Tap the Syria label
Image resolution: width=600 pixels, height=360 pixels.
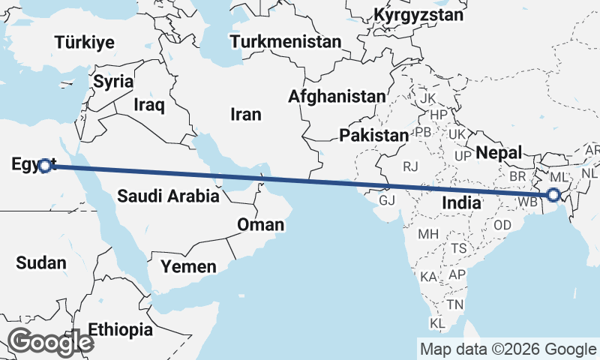click(x=114, y=81)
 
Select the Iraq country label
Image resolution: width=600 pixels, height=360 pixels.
click(x=148, y=104)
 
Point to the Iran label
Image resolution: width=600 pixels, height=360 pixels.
click(x=246, y=114)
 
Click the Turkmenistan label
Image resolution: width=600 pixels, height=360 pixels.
click(x=286, y=41)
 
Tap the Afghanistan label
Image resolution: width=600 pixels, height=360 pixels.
click(x=337, y=96)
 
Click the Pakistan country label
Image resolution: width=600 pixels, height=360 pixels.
click(x=373, y=136)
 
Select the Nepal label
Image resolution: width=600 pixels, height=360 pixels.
click(x=498, y=153)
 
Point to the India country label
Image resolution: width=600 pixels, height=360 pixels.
click(x=463, y=202)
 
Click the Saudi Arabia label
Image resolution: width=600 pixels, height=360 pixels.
click(x=168, y=196)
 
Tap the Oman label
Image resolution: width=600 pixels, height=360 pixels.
click(x=260, y=224)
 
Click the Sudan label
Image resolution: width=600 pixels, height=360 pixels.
click(x=40, y=262)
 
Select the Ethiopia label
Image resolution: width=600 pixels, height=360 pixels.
click(x=119, y=329)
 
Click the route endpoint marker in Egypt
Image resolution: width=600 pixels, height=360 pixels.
click(x=45, y=166)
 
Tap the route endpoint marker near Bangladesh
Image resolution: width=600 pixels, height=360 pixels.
click(x=553, y=196)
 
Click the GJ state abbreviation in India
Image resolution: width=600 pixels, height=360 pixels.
click(x=387, y=201)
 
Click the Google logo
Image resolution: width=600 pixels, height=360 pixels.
click(x=51, y=343)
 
